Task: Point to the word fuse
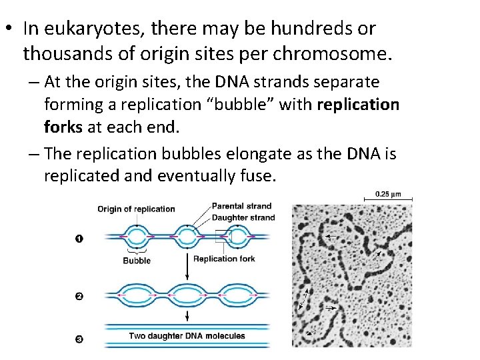(x=257, y=176)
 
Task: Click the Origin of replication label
(x=136, y=209)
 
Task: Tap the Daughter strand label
(x=243, y=217)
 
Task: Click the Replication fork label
(x=224, y=259)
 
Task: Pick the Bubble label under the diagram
(x=137, y=261)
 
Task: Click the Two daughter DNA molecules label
(x=187, y=337)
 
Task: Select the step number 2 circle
(x=79, y=296)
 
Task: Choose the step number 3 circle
(x=79, y=339)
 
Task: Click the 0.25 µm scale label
(x=388, y=194)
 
